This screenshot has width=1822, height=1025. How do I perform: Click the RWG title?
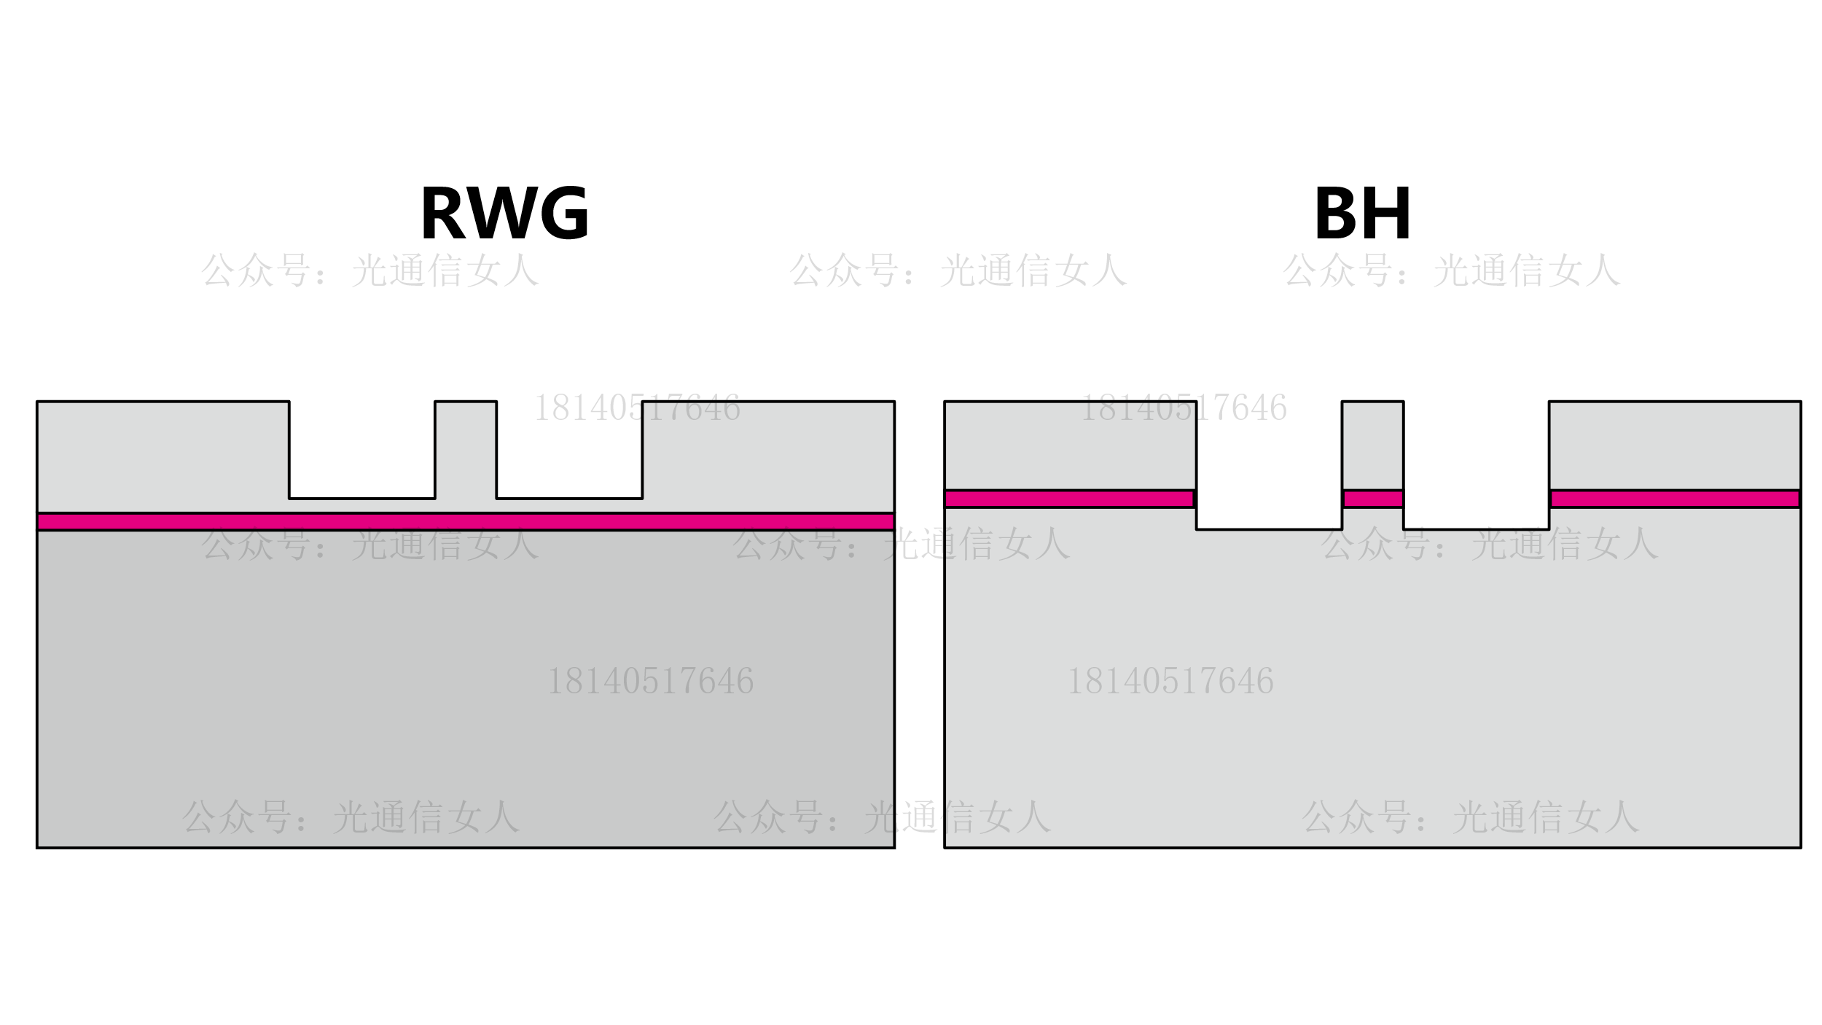coord(504,214)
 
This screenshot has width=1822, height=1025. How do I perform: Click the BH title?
coord(1362,214)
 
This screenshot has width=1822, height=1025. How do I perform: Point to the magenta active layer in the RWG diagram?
coord(466,522)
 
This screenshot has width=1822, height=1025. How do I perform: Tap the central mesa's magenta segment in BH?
coord(1373,499)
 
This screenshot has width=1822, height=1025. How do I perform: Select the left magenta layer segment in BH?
coord(1069,499)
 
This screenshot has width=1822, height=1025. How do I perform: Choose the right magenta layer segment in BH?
coord(1675,499)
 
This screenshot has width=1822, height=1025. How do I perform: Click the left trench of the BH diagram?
coord(1269,467)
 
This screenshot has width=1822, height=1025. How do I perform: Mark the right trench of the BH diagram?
coord(1476,467)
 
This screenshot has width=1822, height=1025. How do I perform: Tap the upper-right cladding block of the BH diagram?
coord(1675,445)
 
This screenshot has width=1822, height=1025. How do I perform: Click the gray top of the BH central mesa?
coord(1373,445)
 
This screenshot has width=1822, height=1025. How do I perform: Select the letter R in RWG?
coord(443,214)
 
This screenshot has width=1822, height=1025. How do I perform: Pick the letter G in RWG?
coord(563,214)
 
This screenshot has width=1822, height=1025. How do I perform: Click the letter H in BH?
coord(1387,214)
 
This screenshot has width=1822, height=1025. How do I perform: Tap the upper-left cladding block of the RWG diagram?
coord(163,456)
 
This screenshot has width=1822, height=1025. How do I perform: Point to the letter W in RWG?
coord(502,214)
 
